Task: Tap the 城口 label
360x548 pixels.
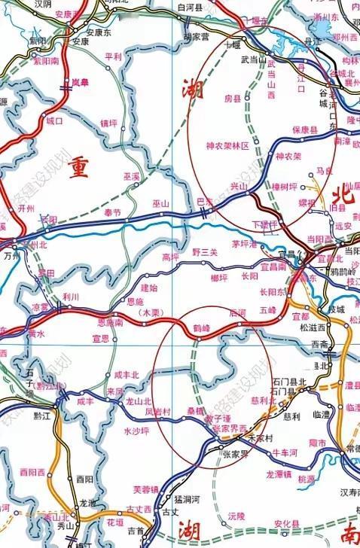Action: pyautogui.click(x=54, y=120)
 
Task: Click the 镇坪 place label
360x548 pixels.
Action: pyautogui.click(x=108, y=122)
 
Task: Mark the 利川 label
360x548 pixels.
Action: pyautogui.click(x=71, y=297)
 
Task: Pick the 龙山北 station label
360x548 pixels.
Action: pyautogui.click(x=138, y=400)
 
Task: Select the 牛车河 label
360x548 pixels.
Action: pyautogui.click(x=285, y=452)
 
